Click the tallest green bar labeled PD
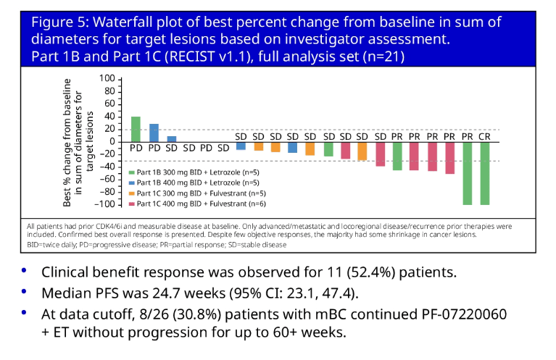click(x=136, y=129)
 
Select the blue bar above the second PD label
click(x=154, y=133)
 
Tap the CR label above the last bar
click(x=484, y=136)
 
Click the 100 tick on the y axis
click(x=107, y=79)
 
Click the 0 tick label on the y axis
click(x=111, y=141)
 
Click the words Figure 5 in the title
click(x=65, y=22)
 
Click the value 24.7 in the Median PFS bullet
click(x=180, y=294)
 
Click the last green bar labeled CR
click(x=484, y=174)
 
